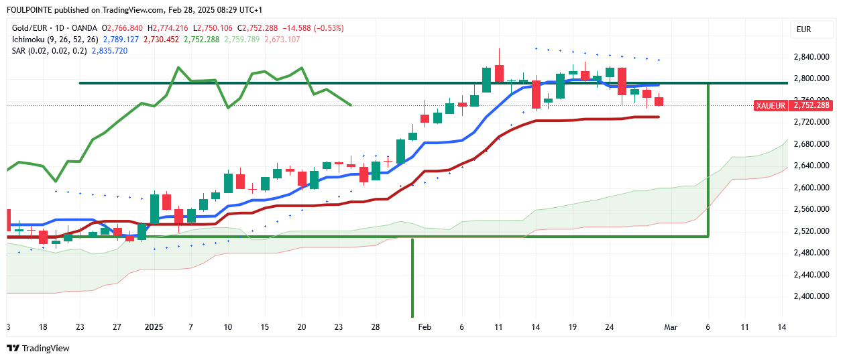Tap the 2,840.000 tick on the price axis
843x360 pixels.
coord(811,58)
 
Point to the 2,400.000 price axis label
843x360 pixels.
coord(811,296)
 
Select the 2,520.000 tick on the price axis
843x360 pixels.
coord(811,231)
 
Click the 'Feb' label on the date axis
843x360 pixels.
coord(424,326)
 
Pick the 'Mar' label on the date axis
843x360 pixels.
coord(671,326)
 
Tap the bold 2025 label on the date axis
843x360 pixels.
coord(154,326)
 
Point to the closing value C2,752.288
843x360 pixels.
coord(262,28)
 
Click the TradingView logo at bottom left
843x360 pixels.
coord(38,348)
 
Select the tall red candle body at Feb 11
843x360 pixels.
coord(499,74)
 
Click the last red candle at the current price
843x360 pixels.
coord(659,101)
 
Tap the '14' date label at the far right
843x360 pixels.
coord(782,326)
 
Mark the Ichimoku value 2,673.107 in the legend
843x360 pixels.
coord(282,40)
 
